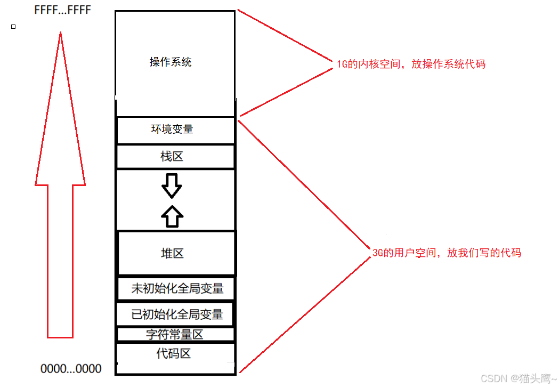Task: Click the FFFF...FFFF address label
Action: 63,10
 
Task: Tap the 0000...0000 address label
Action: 71,368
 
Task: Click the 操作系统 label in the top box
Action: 171,62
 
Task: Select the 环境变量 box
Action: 175,130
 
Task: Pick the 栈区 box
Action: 175,157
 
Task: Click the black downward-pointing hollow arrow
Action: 172,184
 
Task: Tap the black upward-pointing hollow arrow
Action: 172,216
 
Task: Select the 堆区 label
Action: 172,253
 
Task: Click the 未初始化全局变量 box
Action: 176,288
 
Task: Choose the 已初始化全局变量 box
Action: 176,314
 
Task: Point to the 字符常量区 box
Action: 175,335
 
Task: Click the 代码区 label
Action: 174,353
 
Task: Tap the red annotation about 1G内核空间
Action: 411,64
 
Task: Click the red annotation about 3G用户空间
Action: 447,253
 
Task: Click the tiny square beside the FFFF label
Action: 13,26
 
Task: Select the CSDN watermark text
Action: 516,378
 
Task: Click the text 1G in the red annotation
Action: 342,64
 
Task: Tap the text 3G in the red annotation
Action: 378,253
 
